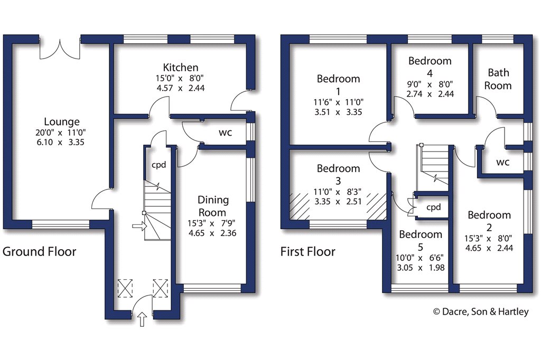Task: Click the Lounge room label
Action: click(x=62, y=122)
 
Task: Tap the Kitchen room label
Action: click(x=181, y=68)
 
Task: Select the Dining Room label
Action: click(x=213, y=206)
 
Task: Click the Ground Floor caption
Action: click(x=40, y=251)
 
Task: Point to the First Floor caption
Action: click(x=307, y=251)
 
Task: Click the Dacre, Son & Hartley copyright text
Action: click(x=481, y=312)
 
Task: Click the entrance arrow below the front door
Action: click(x=142, y=320)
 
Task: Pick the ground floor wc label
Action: click(x=225, y=132)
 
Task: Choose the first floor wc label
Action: click(x=502, y=162)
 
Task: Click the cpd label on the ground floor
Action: click(x=158, y=164)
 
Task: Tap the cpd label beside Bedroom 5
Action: click(x=433, y=207)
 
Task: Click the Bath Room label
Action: click(x=499, y=79)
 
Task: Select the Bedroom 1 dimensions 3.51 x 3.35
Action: click(x=338, y=111)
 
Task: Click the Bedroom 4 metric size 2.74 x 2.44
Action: click(x=430, y=93)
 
